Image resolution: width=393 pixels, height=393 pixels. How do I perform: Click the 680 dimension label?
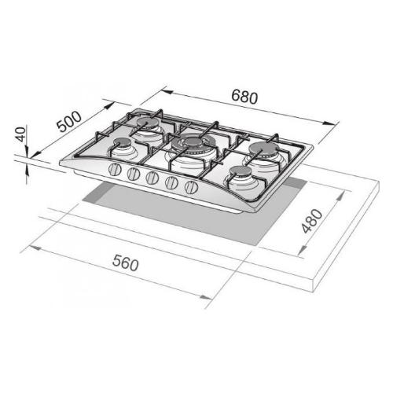244,97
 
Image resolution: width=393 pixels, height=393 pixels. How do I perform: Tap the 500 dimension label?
69,122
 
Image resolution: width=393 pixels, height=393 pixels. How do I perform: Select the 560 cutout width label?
125,263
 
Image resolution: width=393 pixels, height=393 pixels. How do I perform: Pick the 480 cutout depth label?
312,221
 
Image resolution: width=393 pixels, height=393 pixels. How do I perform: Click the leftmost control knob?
115,170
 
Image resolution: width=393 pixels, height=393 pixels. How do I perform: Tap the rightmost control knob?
192,187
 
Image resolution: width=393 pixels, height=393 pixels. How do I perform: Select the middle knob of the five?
152,178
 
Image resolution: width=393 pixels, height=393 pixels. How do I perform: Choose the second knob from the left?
134,174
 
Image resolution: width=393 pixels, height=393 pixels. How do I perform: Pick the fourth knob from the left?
172,182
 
